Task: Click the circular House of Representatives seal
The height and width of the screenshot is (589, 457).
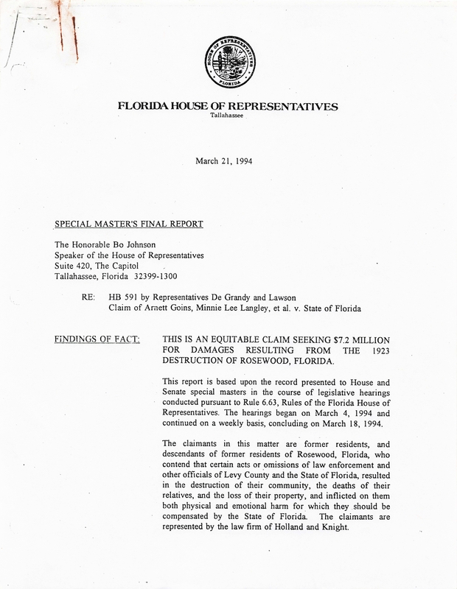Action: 228,62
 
